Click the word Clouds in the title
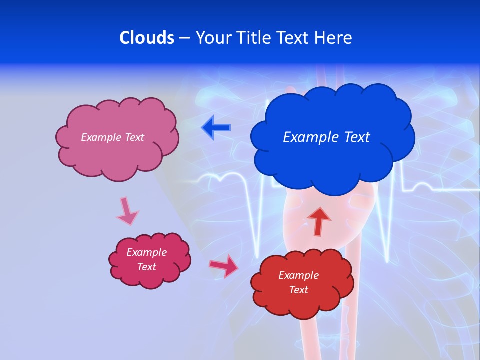pos(147,38)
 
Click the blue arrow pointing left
pos(216,128)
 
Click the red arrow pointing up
pos(318,221)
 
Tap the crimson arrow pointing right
pos(224,266)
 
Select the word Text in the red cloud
pos(299,290)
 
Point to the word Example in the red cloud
pos(299,275)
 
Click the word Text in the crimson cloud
pos(147,267)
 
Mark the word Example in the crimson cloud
pos(147,252)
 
